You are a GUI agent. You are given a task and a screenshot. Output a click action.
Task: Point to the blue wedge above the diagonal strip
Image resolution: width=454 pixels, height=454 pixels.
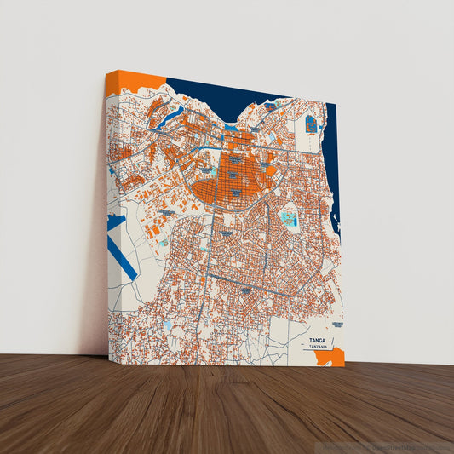coord(116,226)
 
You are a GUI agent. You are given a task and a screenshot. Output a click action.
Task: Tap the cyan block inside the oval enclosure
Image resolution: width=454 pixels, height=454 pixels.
coord(288,220)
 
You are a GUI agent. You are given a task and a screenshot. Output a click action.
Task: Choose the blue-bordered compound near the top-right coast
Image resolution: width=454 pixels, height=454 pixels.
coord(311,124)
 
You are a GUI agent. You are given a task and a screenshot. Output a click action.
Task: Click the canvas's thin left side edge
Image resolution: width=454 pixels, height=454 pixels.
coord(106,213)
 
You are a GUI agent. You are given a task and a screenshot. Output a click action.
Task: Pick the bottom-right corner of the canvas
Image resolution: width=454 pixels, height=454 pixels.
coord(344,365)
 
